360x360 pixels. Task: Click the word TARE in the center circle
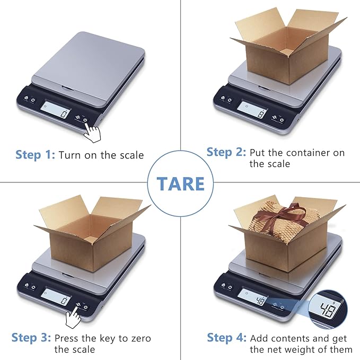(180, 183)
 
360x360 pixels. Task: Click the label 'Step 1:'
(35, 155)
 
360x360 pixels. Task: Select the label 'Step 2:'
(226, 152)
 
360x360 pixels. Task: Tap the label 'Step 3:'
(31, 338)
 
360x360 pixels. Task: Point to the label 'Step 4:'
(226, 338)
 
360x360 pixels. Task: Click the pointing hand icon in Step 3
(74, 318)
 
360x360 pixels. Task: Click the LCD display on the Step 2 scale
(252, 109)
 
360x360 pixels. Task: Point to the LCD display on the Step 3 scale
(56, 298)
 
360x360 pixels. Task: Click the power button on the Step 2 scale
(282, 119)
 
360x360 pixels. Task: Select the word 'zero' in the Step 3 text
(140, 338)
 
